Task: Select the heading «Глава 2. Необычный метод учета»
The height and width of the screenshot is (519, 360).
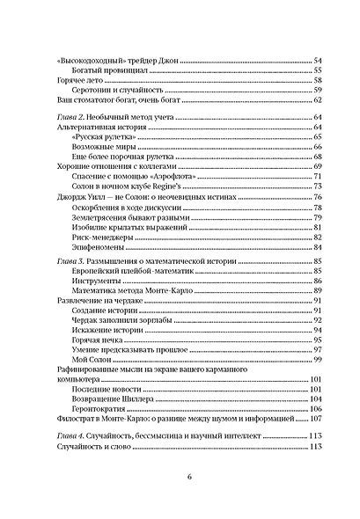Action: pos(111,117)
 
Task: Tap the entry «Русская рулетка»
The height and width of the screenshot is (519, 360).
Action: pos(99,138)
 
